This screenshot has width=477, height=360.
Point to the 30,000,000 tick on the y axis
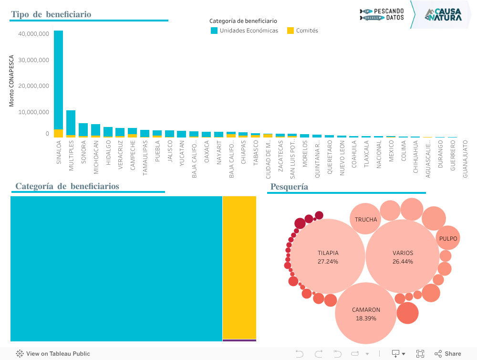tap(33, 60)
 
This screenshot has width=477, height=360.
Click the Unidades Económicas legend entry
tap(244, 31)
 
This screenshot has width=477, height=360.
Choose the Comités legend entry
tap(302, 31)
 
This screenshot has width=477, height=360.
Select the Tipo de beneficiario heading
tap(51, 14)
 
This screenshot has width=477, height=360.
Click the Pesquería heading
tap(289, 187)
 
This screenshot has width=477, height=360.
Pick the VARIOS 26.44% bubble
tap(403, 256)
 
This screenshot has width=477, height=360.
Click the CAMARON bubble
tap(366, 313)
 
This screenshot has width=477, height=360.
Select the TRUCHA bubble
tap(366, 219)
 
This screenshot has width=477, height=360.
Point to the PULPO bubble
tap(448, 238)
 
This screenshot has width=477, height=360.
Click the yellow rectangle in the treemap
tap(239, 267)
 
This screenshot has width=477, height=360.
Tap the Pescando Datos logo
tap(382, 14)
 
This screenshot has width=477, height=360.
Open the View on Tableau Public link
tap(53, 354)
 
